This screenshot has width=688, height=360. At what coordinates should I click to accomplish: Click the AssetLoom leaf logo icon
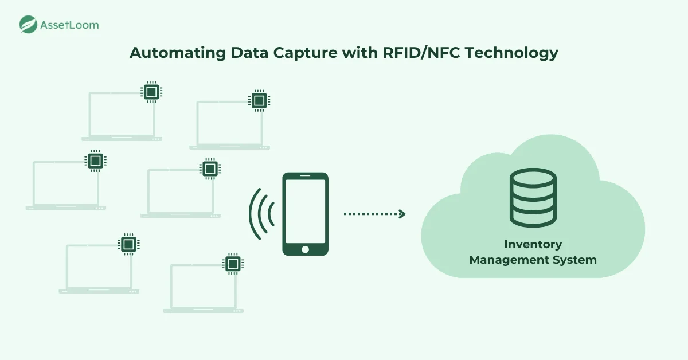coord(28,24)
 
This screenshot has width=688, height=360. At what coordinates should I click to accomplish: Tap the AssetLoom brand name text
coord(70,25)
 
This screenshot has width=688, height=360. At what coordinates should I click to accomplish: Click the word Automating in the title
coord(178,53)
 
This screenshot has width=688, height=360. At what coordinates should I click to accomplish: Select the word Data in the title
coord(249,53)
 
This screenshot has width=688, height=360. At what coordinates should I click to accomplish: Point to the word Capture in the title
coord(305,53)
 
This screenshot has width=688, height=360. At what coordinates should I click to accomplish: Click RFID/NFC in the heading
coord(421,53)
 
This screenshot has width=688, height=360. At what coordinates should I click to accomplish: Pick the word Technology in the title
coord(511,53)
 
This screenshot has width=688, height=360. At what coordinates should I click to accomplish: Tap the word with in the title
coord(360,53)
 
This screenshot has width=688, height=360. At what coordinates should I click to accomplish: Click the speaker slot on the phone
coord(305,175)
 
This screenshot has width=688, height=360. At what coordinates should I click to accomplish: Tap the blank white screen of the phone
coord(305,211)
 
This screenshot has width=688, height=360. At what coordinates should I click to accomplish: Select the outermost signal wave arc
coord(255,214)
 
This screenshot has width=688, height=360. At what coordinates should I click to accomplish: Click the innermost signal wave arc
coord(271,214)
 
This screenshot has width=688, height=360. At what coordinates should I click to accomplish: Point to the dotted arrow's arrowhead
coord(402,214)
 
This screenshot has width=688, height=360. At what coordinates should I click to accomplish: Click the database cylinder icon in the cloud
coord(533,198)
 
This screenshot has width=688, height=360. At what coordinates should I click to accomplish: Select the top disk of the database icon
coord(533,178)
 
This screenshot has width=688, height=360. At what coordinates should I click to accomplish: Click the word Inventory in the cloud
coord(533,245)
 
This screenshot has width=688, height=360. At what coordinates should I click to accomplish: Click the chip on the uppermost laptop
coord(151,92)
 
